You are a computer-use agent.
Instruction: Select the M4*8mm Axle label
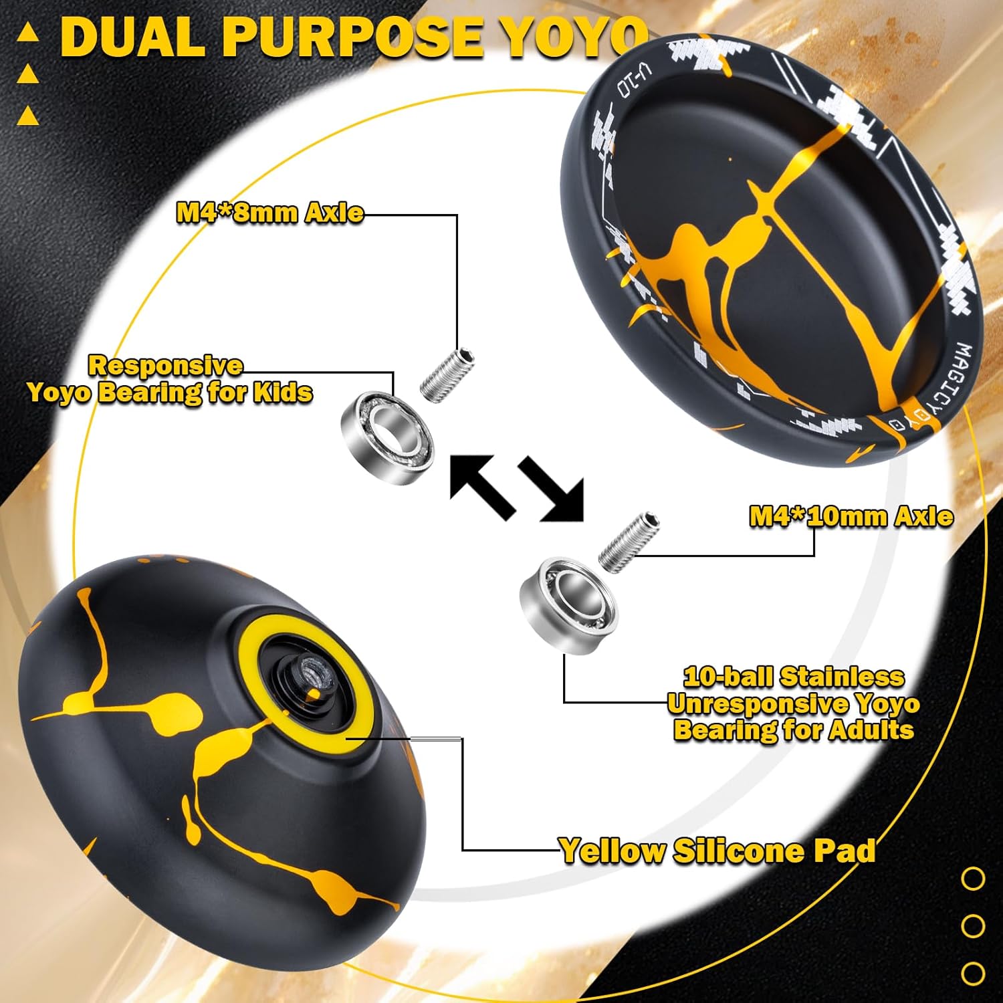(270, 213)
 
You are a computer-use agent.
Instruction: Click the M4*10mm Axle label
(851, 516)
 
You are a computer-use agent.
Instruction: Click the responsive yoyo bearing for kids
(387, 436)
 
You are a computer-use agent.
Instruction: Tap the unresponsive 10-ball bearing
(568, 606)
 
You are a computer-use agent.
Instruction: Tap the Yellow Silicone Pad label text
(717, 851)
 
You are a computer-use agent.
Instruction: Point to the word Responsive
(166, 366)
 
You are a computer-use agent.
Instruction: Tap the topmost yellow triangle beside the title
(27, 34)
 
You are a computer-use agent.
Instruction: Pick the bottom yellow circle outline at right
(973, 972)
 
